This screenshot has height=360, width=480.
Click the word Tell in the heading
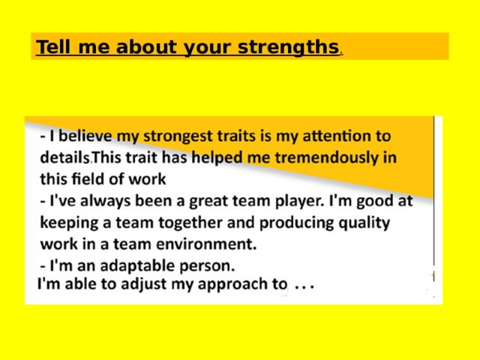[51, 47]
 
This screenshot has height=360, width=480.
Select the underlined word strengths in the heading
[288, 47]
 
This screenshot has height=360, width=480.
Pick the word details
[66, 158]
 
